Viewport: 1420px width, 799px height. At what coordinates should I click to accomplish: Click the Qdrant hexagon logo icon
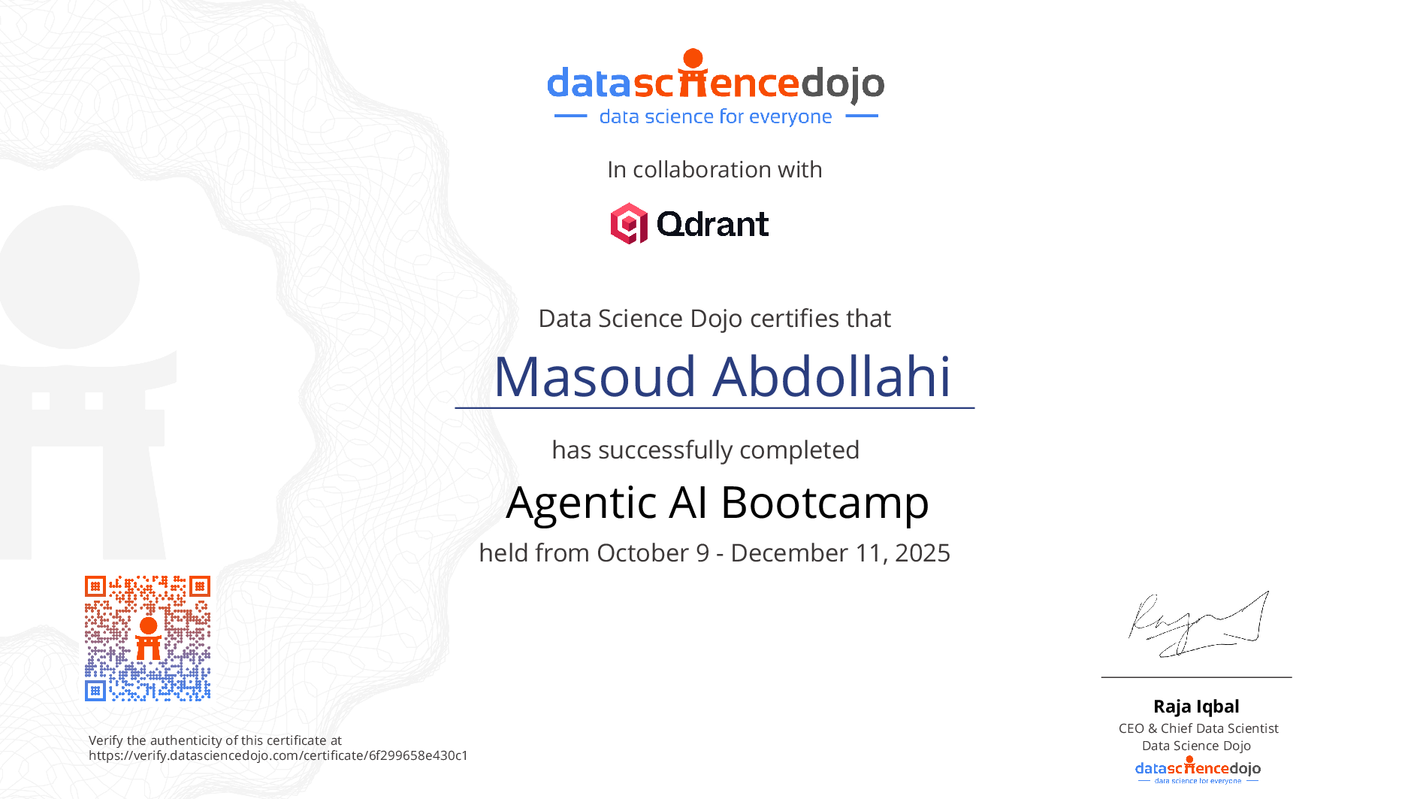[629, 223]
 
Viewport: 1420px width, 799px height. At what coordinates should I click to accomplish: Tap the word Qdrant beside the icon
[712, 224]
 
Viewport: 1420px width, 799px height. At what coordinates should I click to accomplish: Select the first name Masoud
[595, 377]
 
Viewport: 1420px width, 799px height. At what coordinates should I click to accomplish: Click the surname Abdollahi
[832, 376]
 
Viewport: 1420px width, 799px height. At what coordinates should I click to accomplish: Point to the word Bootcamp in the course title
[825, 503]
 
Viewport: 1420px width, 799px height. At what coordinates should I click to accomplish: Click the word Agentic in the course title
[582, 503]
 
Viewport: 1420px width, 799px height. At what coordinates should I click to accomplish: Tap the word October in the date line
[643, 553]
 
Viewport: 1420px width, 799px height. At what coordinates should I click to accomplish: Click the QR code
[147, 638]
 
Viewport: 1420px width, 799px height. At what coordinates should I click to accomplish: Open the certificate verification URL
[278, 755]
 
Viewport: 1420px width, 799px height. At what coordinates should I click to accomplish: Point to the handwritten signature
[1198, 624]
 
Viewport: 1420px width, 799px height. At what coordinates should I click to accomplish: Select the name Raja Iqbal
[1196, 707]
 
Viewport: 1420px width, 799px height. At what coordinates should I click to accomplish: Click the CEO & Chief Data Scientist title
[1198, 728]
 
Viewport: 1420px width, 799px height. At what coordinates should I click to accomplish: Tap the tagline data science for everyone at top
[715, 117]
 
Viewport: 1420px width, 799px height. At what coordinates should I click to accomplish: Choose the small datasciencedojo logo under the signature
[1198, 770]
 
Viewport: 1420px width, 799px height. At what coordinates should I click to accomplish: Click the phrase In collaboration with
[715, 170]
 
